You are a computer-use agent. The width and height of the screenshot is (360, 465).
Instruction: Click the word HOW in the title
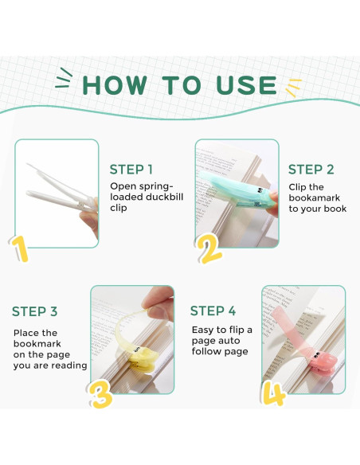click(115, 85)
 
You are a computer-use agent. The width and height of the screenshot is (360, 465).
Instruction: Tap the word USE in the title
click(246, 85)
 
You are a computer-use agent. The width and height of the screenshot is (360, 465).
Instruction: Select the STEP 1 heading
click(131, 170)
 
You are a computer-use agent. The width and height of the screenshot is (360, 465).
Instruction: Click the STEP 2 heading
click(311, 170)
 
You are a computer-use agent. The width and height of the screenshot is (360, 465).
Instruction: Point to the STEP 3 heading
click(35, 311)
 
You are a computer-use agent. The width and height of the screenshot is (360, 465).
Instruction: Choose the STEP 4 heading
click(213, 311)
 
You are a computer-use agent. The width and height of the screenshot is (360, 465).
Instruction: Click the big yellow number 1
click(19, 249)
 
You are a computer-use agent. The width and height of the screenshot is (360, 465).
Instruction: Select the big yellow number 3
click(101, 394)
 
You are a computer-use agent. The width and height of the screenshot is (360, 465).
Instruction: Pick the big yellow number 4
click(274, 393)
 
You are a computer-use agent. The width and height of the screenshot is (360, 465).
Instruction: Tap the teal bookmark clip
click(237, 190)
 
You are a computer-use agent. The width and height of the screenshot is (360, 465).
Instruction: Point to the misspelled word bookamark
click(315, 197)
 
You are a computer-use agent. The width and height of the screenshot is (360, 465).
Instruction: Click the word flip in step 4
click(237, 330)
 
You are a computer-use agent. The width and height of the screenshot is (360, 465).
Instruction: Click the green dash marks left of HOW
click(64, 78)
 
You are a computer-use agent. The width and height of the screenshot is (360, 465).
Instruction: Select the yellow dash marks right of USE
click(294, 88)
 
